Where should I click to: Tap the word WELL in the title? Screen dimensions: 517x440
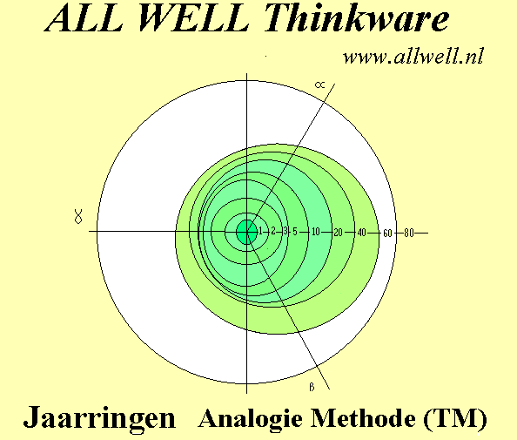[x=194, y=17]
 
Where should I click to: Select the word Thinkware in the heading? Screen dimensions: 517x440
[x=357, y=17]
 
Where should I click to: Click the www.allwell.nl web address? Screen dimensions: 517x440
[x=413, y=57]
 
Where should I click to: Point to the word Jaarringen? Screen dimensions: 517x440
[x=99, y=418]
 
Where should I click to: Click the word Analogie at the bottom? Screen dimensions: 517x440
[x=251, y=418]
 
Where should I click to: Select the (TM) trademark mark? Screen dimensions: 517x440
[x=455, y=418]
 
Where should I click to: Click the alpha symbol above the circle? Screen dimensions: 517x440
[x=319, y=85]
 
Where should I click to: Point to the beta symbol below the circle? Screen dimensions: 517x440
[x=312, y=387]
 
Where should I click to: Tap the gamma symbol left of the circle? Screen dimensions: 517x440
[x=78, y=217]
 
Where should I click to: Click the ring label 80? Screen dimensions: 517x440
[x=409, y=233]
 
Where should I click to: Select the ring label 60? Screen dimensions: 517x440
[x=387, y=234]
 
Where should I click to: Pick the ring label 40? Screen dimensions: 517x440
[x=362, y=233]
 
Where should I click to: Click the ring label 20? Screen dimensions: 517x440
[x=338, y=233]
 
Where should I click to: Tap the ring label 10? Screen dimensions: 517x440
[x=316, y=232]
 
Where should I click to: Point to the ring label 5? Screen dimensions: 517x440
[x=295, y=232]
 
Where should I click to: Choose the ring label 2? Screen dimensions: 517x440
[x=273, y=231]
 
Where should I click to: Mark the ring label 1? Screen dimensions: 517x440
[x=260, y=231]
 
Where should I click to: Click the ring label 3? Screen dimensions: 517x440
[x=285, y=231]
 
